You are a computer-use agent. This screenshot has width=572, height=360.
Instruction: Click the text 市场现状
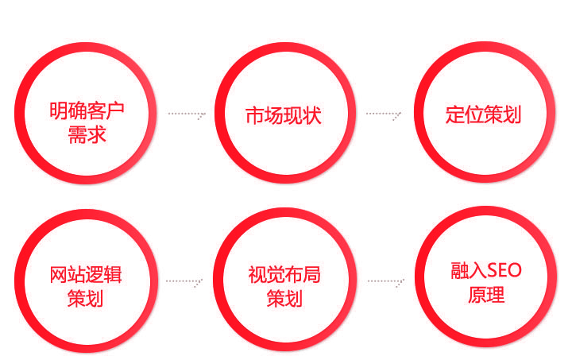(284, 115)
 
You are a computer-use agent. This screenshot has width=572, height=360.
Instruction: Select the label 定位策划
(483, 114)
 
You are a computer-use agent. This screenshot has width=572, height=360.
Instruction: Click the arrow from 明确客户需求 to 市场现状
(187, 114)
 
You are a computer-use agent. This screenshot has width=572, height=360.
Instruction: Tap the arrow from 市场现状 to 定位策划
(384, 114)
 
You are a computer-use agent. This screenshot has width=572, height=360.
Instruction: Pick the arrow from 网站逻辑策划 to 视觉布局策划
(184, 282)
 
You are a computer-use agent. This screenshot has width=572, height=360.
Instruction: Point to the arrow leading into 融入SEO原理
(386, 282)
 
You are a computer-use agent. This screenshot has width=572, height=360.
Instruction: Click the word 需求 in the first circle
(87, 134)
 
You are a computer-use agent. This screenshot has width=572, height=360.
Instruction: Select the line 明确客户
(87, 110)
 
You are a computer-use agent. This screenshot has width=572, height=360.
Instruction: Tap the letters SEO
(504, 271)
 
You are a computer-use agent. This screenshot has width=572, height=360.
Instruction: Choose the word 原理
(487, 294)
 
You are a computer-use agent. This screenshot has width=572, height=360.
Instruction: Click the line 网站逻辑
(86, 275)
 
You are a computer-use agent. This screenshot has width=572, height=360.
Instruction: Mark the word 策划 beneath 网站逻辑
(85, 298)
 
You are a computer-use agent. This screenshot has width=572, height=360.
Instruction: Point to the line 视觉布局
(284, 275)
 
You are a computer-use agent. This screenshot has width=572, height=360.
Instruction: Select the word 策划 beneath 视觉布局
(284, 298)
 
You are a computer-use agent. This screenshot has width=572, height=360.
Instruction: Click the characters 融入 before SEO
(469, 271)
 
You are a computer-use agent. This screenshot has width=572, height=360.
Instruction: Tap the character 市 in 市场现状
(255, 115)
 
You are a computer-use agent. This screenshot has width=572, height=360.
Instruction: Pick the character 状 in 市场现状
(312, 115)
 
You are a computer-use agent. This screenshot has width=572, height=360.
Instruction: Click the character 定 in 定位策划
(454, 114)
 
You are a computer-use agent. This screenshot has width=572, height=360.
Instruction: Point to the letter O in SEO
(515, 271)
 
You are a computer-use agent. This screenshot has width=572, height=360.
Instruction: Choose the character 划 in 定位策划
(512, 114)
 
